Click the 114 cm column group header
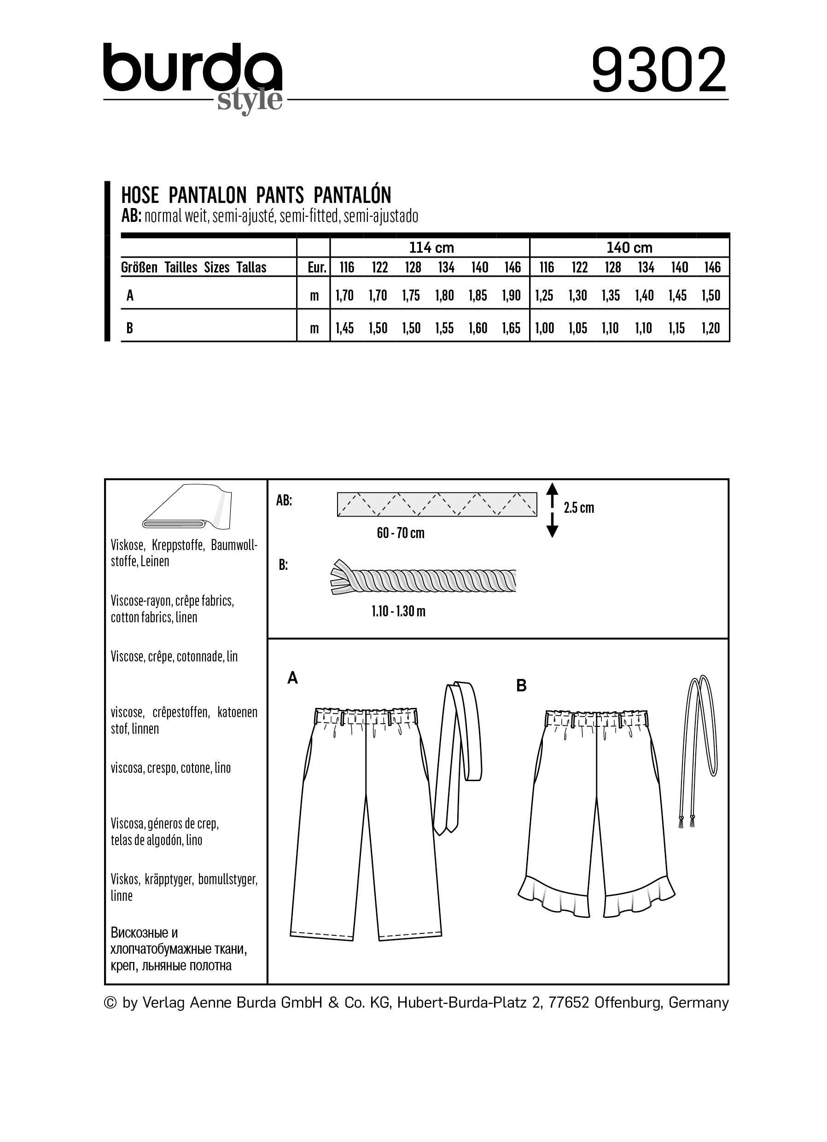click(x=431, y=248)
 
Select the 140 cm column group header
click(x=629, y=248)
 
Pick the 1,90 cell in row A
click(x=511, y=296)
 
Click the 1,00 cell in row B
click(x=544, y=328)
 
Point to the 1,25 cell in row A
click(x=544, y=296)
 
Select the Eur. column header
click(x=317, y=267)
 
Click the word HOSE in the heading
click(x=140, y=195)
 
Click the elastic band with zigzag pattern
click(x=437, y=504)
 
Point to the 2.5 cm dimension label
click(x=579, y=508)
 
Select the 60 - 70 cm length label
click(x=401, y=533)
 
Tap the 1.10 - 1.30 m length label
click(x=398, y=611)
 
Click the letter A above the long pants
click(x=292, y=679)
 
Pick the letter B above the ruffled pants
click(x=521, y=685)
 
